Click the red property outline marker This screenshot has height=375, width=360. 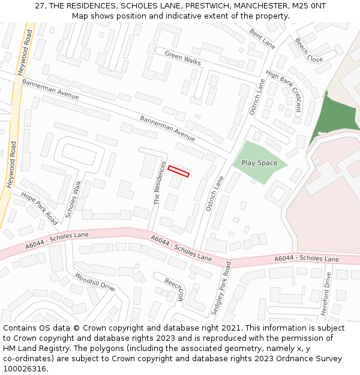(x=178, y=171)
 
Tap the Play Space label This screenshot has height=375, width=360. (x=259, y=163)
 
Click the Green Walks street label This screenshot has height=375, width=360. (x=183, y=58)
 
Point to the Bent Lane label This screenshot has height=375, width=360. (x=262, y=39)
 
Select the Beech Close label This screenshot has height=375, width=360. (x=308, y=50)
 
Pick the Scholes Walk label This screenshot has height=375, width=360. (x=73, y=199)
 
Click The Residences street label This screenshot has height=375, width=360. (x=160, y=182)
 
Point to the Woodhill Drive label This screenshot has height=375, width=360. (x=95, y=282)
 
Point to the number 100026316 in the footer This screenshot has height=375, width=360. (x=26, y=369)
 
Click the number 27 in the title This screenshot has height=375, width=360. (x=40, y=5)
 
